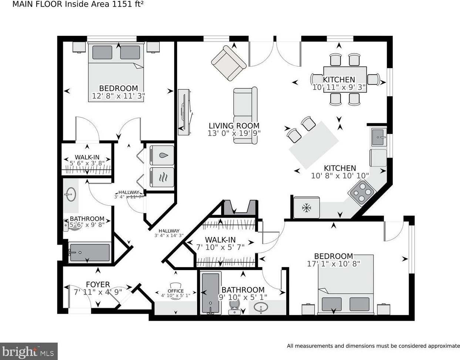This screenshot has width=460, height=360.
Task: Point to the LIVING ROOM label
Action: (x=234, y=126)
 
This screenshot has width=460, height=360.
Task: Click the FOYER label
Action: (x=98, y=285)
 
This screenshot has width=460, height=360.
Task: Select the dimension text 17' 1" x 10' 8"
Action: (x=334, y=264)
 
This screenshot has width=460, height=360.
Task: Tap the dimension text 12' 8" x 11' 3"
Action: (x=118, y=96)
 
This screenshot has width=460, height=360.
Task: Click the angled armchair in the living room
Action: (x=229, y=63)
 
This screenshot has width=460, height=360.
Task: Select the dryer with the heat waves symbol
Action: (x=162, y=177)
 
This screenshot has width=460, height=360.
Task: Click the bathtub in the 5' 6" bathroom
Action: (x=89, y=252)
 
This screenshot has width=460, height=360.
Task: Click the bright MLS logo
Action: (x=29, y=350)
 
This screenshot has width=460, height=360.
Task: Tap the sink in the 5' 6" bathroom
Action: (x=70, y=194)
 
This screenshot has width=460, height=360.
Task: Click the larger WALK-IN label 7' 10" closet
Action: (x=220, y=240)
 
